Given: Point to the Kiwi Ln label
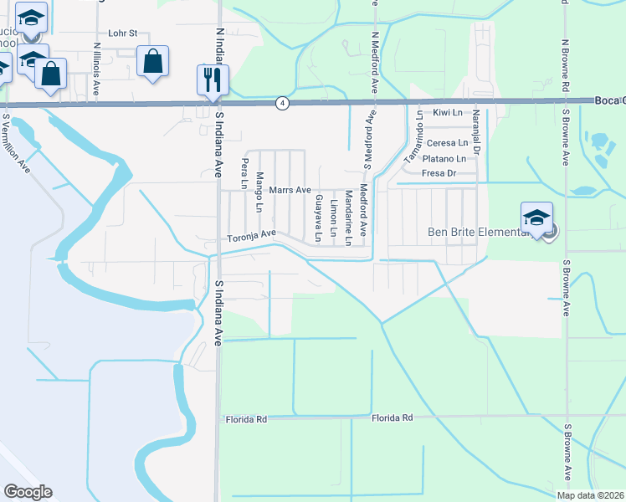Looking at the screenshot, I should (x=448, y=111).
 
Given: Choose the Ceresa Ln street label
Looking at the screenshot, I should (x=446, y=143).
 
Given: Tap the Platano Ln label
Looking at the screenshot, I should (x=444, y=158).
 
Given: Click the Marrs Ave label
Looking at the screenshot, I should (x=290, y=190).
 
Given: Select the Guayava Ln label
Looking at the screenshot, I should (x=318, y=218).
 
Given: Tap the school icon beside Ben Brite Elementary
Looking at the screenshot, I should (x=536, y=218).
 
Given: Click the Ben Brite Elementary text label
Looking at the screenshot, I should (x=479, y=233).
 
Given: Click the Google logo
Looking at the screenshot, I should (x=28, y=492).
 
